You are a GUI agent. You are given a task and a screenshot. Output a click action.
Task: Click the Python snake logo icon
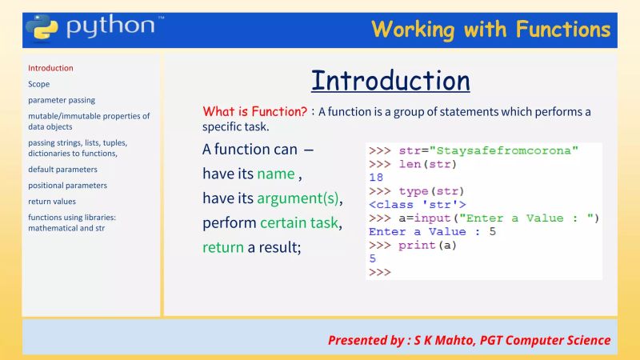pos(41,26)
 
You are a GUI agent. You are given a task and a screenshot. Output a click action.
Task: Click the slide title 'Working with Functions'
pos(490,30)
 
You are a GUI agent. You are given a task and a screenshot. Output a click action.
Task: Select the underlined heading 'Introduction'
pos(390,81)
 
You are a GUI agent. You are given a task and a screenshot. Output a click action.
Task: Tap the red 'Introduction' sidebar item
pos(50,68)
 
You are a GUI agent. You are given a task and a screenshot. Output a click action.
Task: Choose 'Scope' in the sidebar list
pos(38,84)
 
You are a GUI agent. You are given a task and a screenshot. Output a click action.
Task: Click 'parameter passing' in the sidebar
pos(62,100)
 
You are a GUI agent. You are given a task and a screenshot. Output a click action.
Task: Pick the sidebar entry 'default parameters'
pos(62,170)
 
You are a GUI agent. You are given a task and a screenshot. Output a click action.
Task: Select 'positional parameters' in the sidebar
pos(67,186)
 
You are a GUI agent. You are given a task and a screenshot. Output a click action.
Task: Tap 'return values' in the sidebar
pos(52,202)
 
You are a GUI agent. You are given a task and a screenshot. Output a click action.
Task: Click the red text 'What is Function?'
pos(254,112)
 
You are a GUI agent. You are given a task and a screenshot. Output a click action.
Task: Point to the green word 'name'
pos(276,174)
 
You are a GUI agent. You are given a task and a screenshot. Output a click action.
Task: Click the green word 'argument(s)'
pos(298,198)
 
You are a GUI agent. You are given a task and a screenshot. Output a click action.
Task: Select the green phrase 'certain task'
pos(299,222)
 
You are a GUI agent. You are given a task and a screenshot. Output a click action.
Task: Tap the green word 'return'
pos(223,247)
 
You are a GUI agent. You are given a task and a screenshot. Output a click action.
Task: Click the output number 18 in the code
pos(376,178)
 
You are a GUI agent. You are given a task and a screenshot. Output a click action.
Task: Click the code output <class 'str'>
pos(417,205)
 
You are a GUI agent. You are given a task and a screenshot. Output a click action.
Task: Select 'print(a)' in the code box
pos(427,246)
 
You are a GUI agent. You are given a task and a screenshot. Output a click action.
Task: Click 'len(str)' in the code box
pos(427,164)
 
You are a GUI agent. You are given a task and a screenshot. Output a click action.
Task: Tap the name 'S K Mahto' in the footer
pos(442,340)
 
